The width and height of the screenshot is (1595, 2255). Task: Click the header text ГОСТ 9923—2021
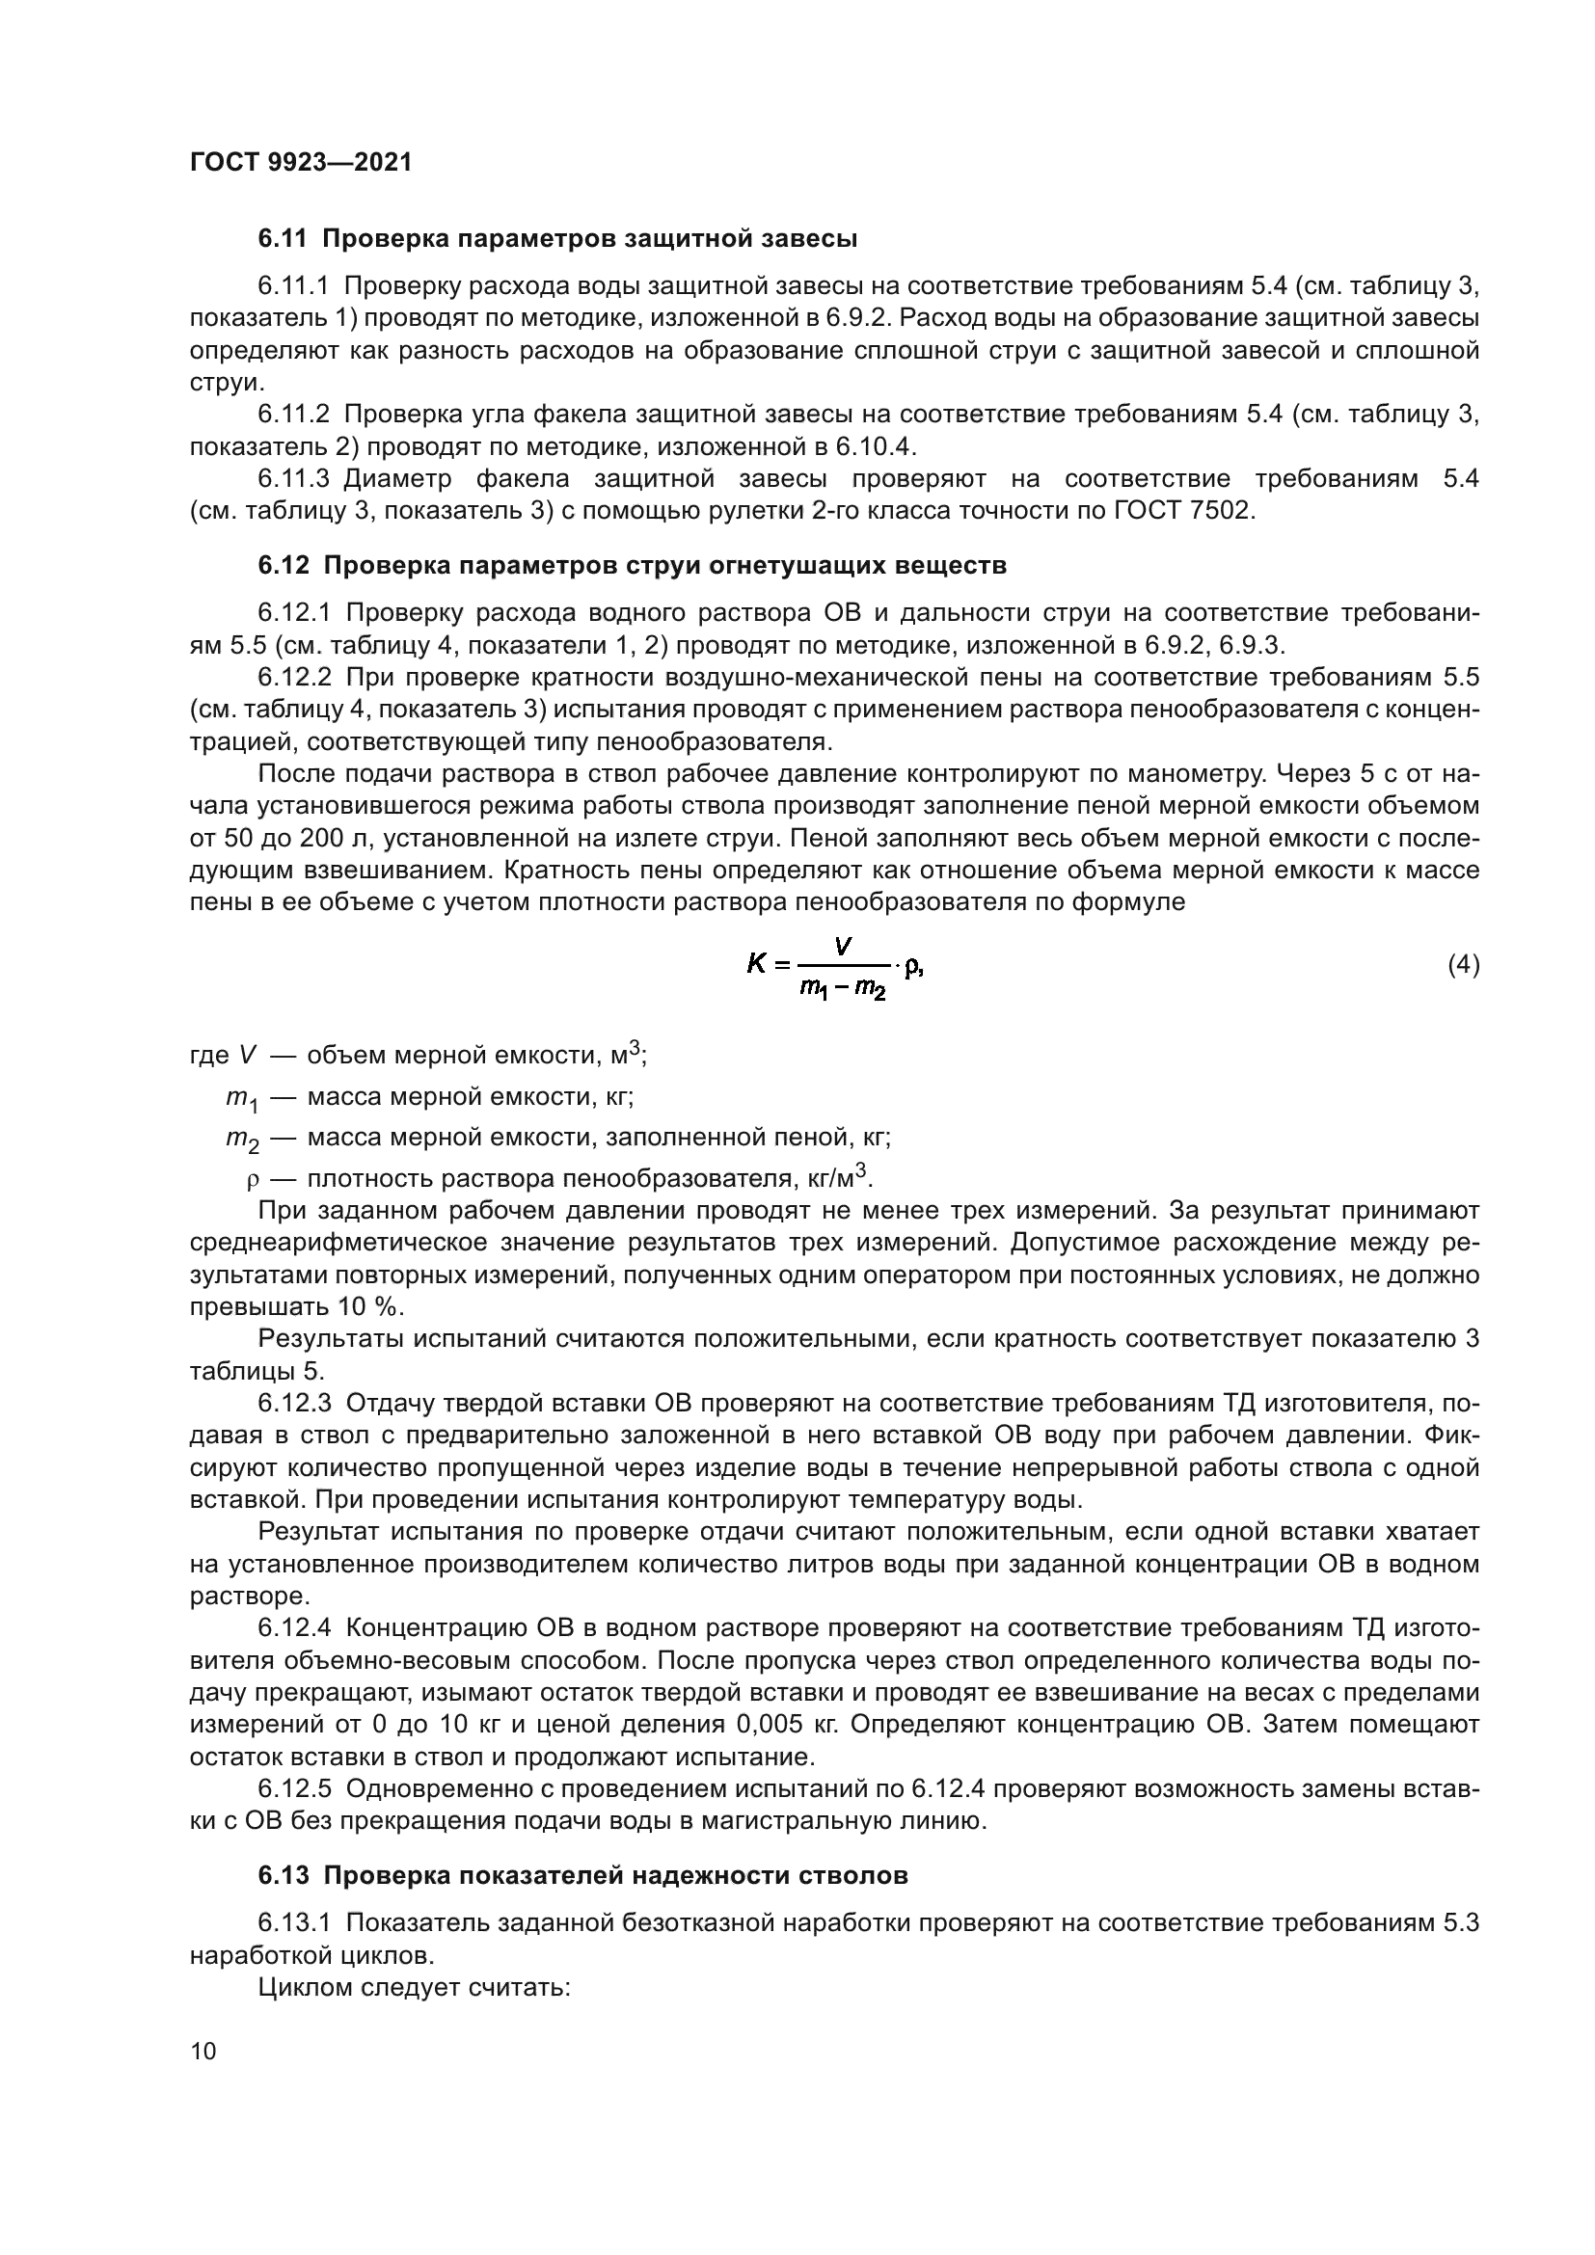[x=301, y=163]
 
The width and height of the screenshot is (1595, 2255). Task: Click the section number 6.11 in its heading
[x=283, y=239]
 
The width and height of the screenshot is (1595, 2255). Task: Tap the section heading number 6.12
[x=283, y=566]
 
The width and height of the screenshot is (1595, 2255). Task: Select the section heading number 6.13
[x=283, y=1875]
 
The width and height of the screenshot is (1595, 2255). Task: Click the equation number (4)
[x=1464, y=965]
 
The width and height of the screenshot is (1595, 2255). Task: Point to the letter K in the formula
[x=756, y=965]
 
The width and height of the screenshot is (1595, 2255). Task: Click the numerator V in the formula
[x=843, y=947]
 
